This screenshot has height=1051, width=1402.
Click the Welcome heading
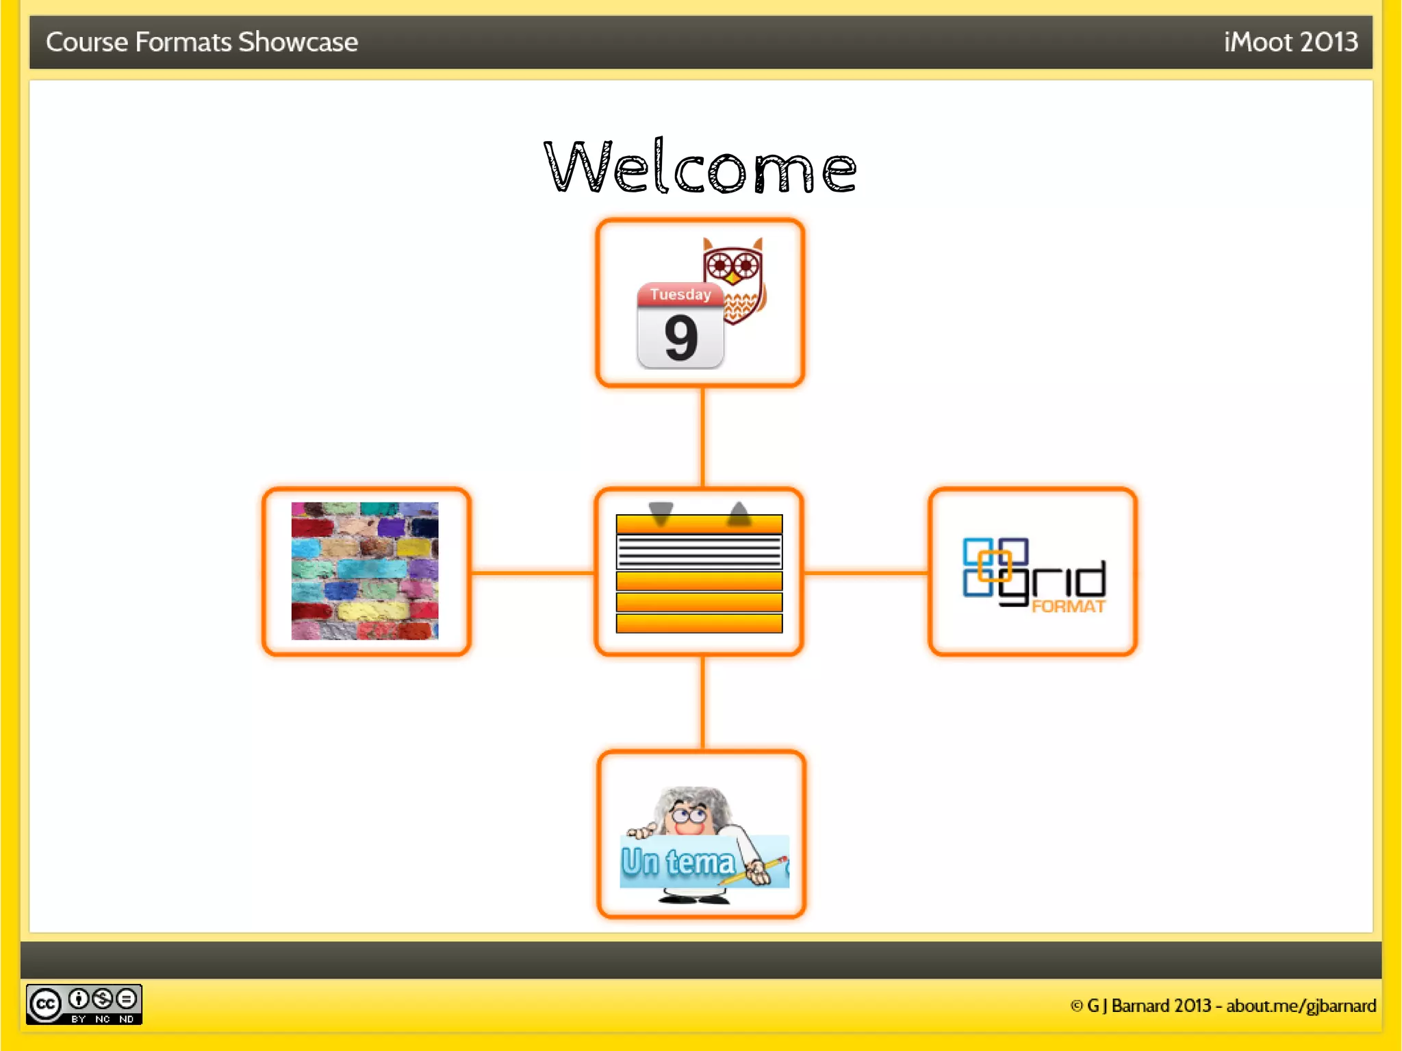tap(700, 166)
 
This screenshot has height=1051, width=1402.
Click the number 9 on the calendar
tap(680, 338)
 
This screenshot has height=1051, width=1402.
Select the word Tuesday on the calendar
tap(680, 294)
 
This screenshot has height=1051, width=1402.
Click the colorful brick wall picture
tap(365, 571)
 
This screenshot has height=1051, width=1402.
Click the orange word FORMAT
tap(1068, 607)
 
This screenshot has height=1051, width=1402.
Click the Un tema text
tap(678, 861)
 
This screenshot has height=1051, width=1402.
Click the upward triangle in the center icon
tap(739, 513)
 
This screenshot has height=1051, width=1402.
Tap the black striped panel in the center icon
tap(699, 552)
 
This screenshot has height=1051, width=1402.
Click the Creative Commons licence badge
tap(84, 1004)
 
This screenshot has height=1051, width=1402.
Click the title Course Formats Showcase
tap(202, 42)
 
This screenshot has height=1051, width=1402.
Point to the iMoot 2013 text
tap(1290, 42)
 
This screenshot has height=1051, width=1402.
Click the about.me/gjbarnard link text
tap(1301, 1006)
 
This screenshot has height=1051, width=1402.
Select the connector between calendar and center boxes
tap(702, 437)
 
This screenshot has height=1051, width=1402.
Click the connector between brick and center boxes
tap(533, 572)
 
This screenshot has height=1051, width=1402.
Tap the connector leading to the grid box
tap(866, 572)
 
